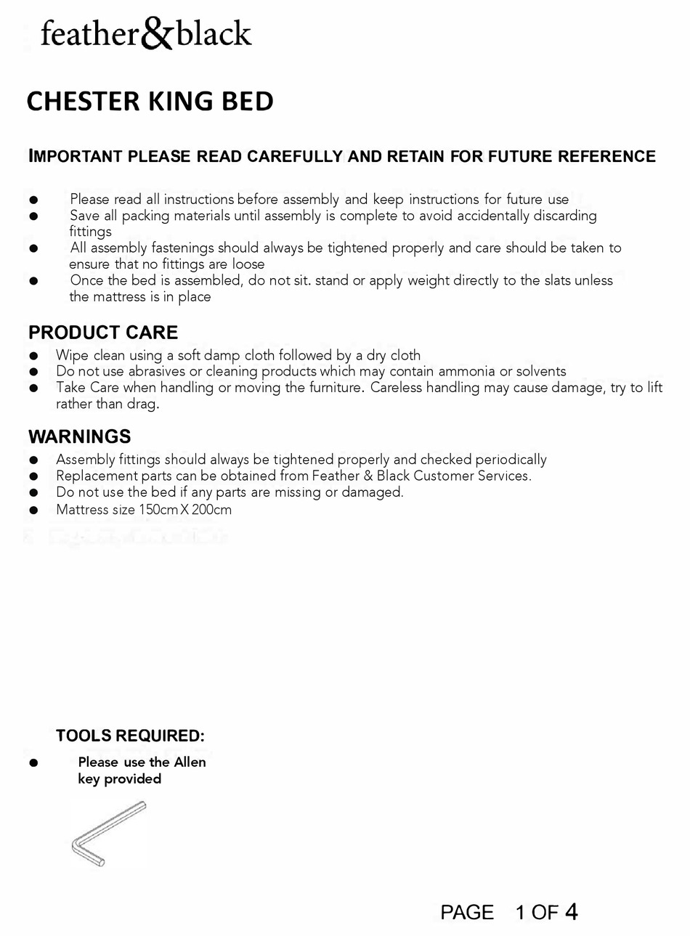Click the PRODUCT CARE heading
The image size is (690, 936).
coord(103,333)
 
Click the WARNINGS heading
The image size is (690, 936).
coord(80,436)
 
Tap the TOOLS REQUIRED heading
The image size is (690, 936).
coord(130,736)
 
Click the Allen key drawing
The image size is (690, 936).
coord(109,832)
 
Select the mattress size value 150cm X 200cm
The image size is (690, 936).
coord(185,509)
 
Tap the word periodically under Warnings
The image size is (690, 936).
coord(511,460)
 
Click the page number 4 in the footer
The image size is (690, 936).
coord(571,911)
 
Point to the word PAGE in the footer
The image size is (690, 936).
coord(467,912)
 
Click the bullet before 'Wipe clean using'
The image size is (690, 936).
coord(33,356)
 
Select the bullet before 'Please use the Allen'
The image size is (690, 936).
coord(33,763)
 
